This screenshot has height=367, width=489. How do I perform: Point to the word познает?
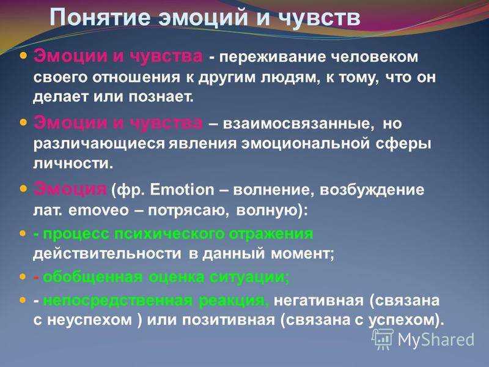click(x=161, y=97)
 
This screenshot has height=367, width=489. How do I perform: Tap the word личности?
click(x=73, y=163)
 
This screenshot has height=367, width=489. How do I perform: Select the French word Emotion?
click(x=182, y=190)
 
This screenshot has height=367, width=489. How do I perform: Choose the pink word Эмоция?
click(x=70, y=189)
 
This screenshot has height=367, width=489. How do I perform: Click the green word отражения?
click(x=271, y=234)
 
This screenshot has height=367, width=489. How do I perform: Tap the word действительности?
click(x=107, y=253)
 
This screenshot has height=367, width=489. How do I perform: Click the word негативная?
click(x=318, y=300)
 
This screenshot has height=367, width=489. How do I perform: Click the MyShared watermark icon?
click(x=383, y=339)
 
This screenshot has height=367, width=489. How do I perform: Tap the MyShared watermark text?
click(x=436, y=339)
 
